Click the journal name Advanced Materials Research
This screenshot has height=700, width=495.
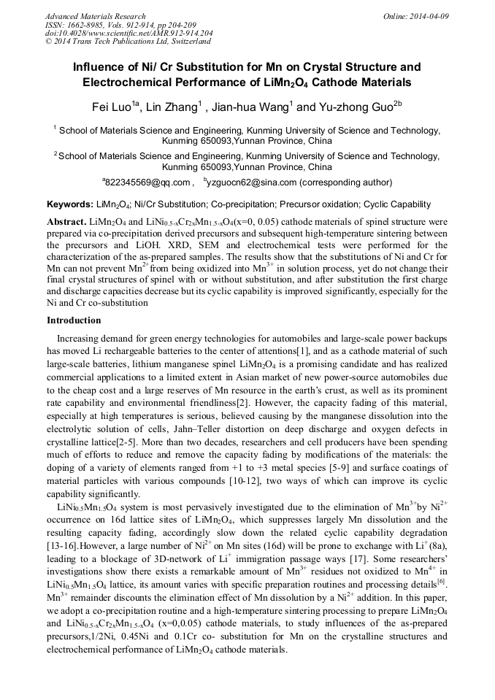pyautogui.click(x=95, y=16)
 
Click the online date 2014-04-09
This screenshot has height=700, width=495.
pyautogui.click(x=431, y=16)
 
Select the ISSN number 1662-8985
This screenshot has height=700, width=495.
pyautogui.click(x=90, y=25)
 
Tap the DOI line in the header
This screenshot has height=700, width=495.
pyautogui.click(x=128, y=34)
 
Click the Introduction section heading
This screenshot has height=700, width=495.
pyautogui.click(x=76, y=320)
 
